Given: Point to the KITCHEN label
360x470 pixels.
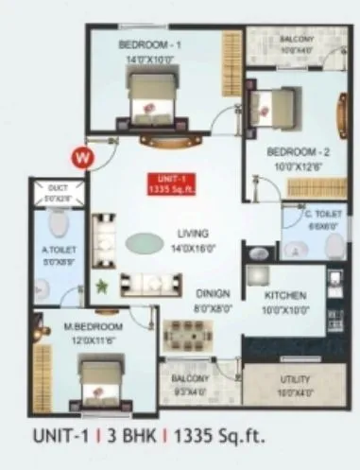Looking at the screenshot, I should pos(285,295).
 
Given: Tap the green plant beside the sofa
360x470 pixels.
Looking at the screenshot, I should pos(101,283).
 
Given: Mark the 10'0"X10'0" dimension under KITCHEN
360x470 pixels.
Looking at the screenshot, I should pos(285,310).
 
